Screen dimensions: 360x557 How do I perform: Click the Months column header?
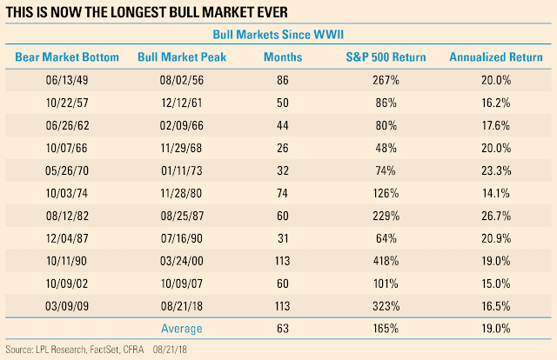click(282, 57)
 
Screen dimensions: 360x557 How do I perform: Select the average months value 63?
click(282, 329)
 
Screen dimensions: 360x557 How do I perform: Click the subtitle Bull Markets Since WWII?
click(278, 36)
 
